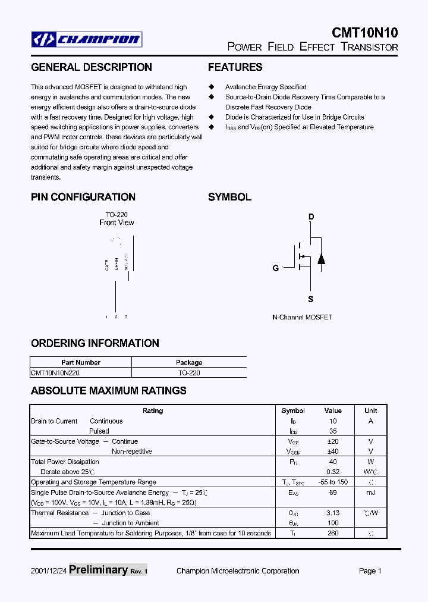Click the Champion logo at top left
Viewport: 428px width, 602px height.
(87, 40)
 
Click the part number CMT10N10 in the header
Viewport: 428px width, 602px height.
(364, 33)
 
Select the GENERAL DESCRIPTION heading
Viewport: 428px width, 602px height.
(91, 67)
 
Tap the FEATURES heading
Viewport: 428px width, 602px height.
(235, 67)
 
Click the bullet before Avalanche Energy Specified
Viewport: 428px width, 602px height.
(211, 87)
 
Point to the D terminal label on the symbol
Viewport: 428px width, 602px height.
(310, 217)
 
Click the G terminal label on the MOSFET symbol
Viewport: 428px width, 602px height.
(276, 268)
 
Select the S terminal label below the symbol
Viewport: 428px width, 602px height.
(310, 299)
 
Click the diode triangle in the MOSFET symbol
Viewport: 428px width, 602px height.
(321, 259)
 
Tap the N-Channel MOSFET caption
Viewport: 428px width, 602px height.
(302, 318)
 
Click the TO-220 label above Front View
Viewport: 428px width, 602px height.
(117, 215)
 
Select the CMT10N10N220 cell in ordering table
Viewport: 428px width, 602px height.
(55, 373)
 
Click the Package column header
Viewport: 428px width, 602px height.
(189, 362)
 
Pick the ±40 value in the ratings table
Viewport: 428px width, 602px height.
(333, 451)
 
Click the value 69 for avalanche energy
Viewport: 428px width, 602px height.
(333, 493)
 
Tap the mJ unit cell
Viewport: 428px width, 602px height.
(370, 493)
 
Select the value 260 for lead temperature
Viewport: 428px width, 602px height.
(333, 533)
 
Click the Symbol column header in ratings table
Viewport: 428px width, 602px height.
(293, 410)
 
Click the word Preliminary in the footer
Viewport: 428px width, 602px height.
(98, 570)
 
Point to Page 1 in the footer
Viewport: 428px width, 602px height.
(370, 571)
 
